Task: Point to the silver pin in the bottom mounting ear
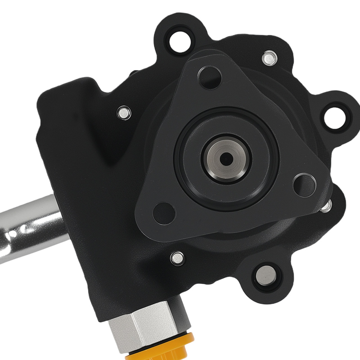coord(266,275)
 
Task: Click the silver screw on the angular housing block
coord(124,113)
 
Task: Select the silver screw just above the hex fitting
coord(177,257)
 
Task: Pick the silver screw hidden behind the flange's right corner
coord(326,206)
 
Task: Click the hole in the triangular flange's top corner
coord(209,76)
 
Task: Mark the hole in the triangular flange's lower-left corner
coord(164,213)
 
